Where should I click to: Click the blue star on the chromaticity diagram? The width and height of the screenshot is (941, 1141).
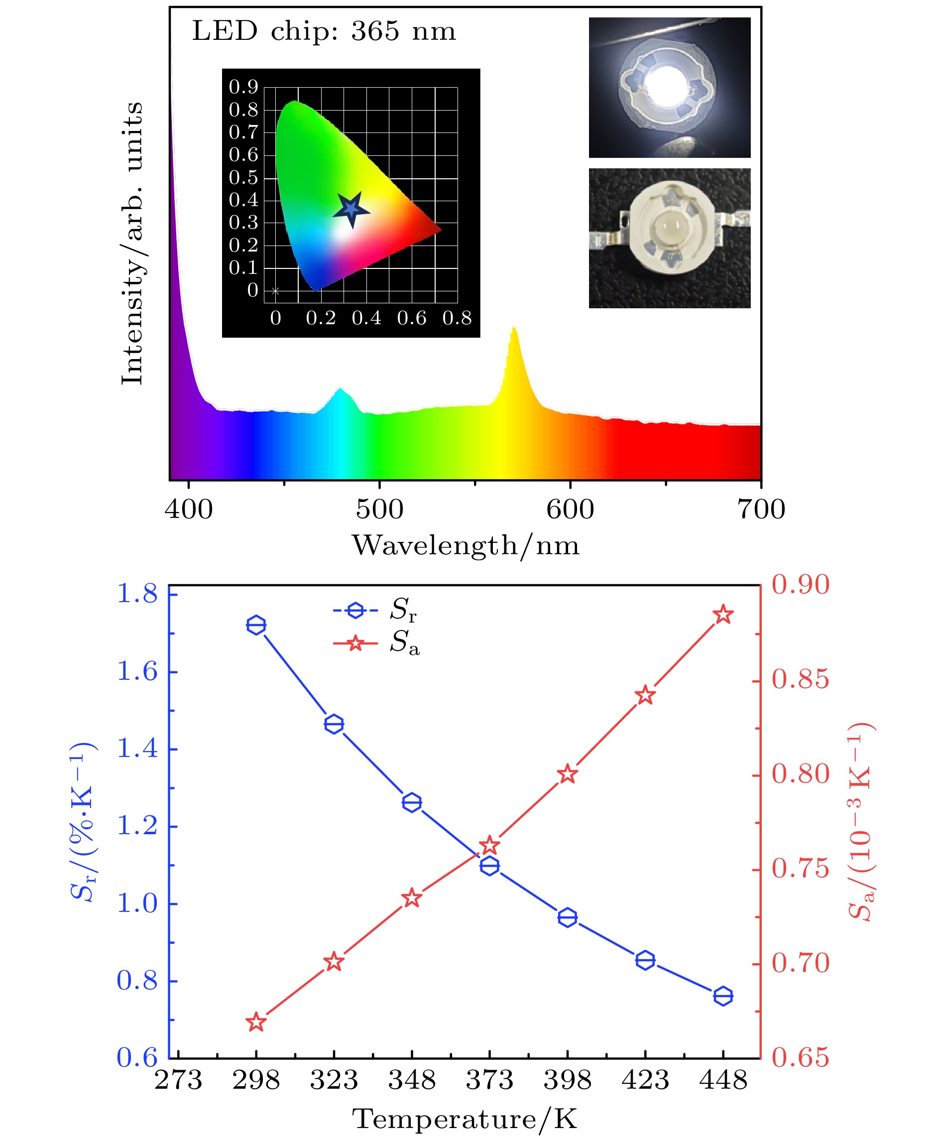[351, 209]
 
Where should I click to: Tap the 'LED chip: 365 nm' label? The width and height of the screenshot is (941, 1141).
[324, 31]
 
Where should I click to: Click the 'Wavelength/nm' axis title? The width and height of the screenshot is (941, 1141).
[466, 545]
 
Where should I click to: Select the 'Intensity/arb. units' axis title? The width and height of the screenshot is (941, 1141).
[132, 243]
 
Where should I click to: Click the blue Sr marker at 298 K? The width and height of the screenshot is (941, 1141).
[256, 625]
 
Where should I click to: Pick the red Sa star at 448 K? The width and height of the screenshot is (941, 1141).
[723, 615]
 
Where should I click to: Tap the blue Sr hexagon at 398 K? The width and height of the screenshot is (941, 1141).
[568, 917]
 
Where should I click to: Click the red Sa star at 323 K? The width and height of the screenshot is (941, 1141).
[334, 962]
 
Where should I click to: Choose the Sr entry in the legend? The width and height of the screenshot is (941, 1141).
[375, 610]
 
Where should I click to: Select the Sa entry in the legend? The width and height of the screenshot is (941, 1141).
[375, 643]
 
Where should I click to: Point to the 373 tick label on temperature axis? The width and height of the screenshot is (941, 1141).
[489, 1079]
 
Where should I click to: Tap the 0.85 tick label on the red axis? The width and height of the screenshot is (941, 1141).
[800, 679]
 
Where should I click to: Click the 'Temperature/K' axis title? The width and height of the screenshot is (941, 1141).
[465, 1119]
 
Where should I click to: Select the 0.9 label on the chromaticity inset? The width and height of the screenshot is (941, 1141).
[243, 87]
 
